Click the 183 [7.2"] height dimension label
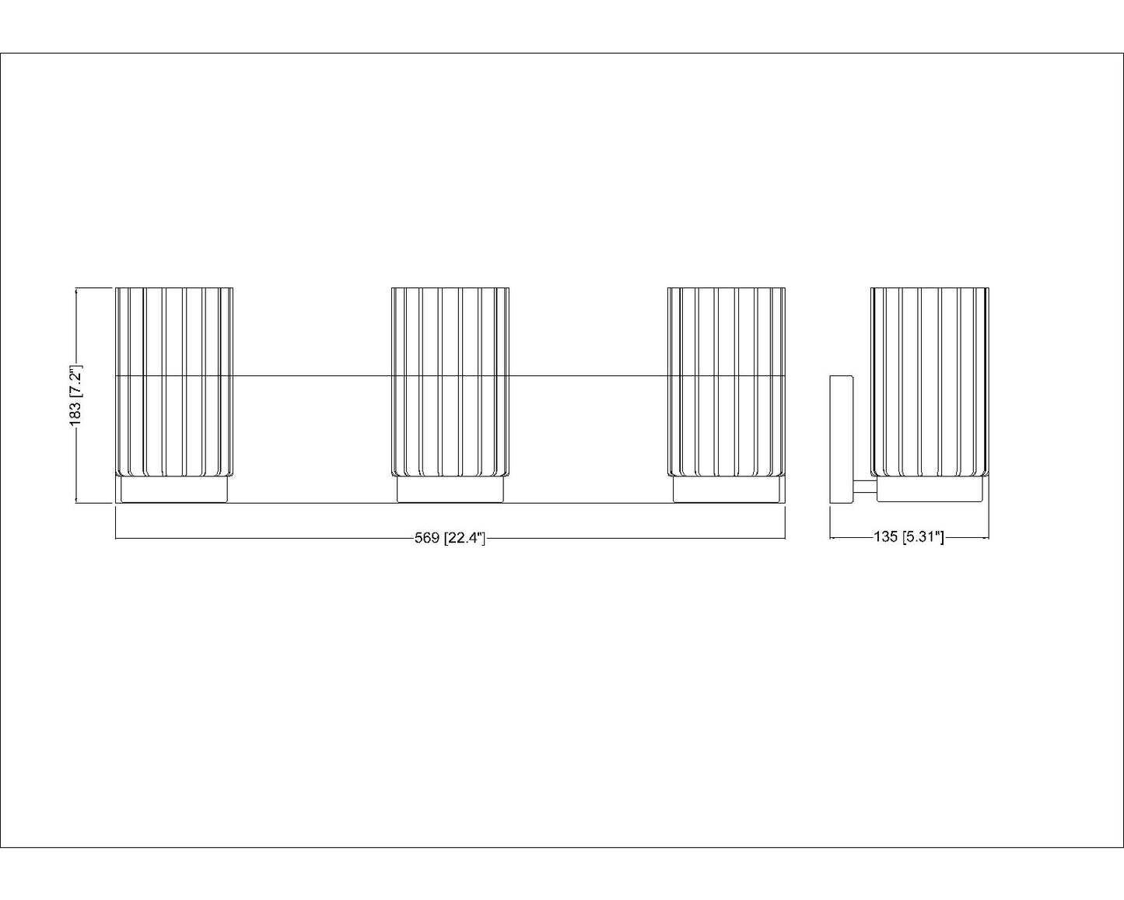(75, 396)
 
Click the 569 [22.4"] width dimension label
(450, 538)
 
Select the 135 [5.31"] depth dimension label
(909, 536)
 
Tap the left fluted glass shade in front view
(174, 382)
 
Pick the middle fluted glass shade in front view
(450, 382)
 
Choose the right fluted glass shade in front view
(727, 382)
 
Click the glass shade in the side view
(930, 382)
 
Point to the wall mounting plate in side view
(842, 440)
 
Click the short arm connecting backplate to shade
(865, 487)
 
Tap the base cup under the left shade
(174, 490)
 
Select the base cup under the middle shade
(450, 490)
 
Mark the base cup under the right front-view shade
(727, 490)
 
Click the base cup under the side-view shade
(930, 490)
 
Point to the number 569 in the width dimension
(427, 538)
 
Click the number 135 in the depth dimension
(886, 536)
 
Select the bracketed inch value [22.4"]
(464, 538)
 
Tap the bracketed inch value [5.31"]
(923, 536)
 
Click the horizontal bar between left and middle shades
(313, 375)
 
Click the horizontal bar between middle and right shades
(589, 375)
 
